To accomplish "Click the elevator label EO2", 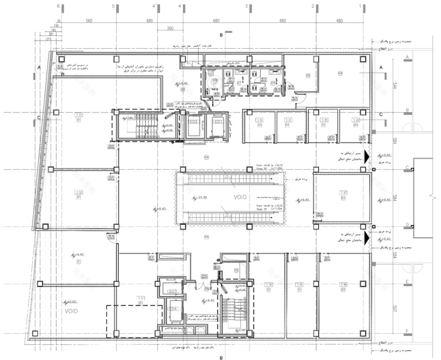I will (193, 122).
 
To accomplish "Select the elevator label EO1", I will (217, 122).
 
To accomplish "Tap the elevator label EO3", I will (172, 291).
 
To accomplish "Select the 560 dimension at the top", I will (89, 21).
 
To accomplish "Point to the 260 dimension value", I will (170, 29).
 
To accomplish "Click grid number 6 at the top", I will (59, 6).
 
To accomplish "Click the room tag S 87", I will (344, 193).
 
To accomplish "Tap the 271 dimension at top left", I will (63, 38).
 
